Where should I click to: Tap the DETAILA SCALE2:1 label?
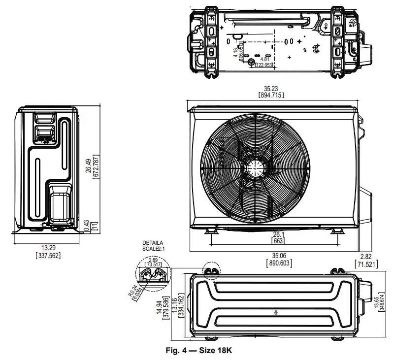click(x=153, y=246)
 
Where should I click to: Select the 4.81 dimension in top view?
click(x=264, y=60)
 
